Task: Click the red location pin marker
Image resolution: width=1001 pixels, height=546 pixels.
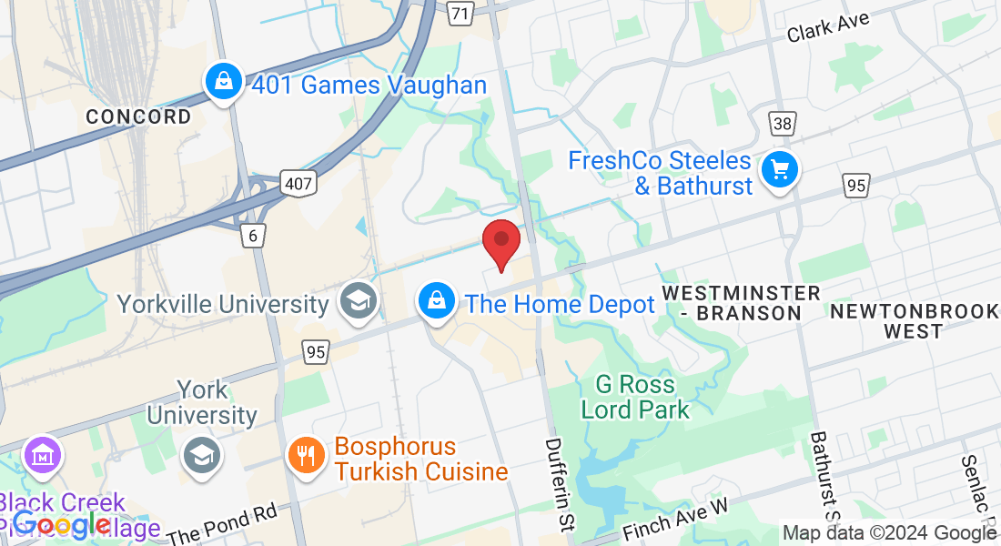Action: (500, 242)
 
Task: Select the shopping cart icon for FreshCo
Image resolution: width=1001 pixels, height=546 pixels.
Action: (779, 169)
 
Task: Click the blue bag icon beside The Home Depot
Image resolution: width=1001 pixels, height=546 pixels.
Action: (437, 300)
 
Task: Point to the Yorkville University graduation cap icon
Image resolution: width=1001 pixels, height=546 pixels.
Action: (358, 301)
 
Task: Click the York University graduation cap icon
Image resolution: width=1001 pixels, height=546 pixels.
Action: (201, 455)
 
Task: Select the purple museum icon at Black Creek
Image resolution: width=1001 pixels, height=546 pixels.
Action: (43, 454)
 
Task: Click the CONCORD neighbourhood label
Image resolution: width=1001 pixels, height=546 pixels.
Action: (138, 116)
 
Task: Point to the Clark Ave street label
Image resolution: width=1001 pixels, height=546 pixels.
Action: (828, 26)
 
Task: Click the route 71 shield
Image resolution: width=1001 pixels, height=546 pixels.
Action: (461, 13)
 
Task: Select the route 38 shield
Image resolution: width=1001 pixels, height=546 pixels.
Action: (782, 124)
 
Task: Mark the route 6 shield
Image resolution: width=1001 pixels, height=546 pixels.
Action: (254, 236)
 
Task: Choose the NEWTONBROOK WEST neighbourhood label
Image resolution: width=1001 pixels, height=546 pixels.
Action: (913, 321)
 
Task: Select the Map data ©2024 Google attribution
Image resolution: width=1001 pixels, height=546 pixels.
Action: (889, 533)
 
